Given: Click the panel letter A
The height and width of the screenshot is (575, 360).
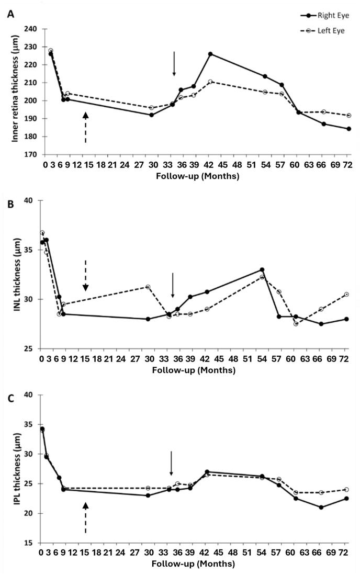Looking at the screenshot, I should click(10, 15).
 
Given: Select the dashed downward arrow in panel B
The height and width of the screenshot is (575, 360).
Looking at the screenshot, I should click(86, 275).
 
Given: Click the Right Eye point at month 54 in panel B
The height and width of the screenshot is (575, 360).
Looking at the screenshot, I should click(262, 269).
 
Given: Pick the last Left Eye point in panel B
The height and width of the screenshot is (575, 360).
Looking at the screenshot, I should click(346, 295).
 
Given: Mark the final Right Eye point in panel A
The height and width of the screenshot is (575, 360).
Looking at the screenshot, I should click(349, 129).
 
